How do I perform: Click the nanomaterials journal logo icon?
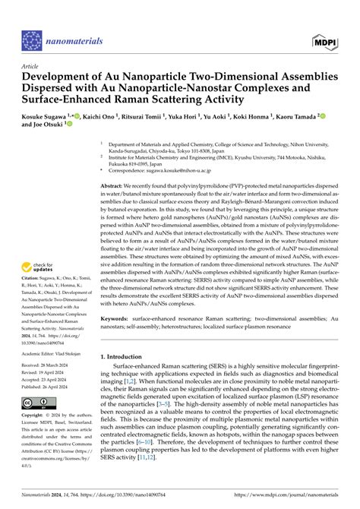tap(33, 38)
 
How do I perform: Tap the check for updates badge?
tap(43, 270)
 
